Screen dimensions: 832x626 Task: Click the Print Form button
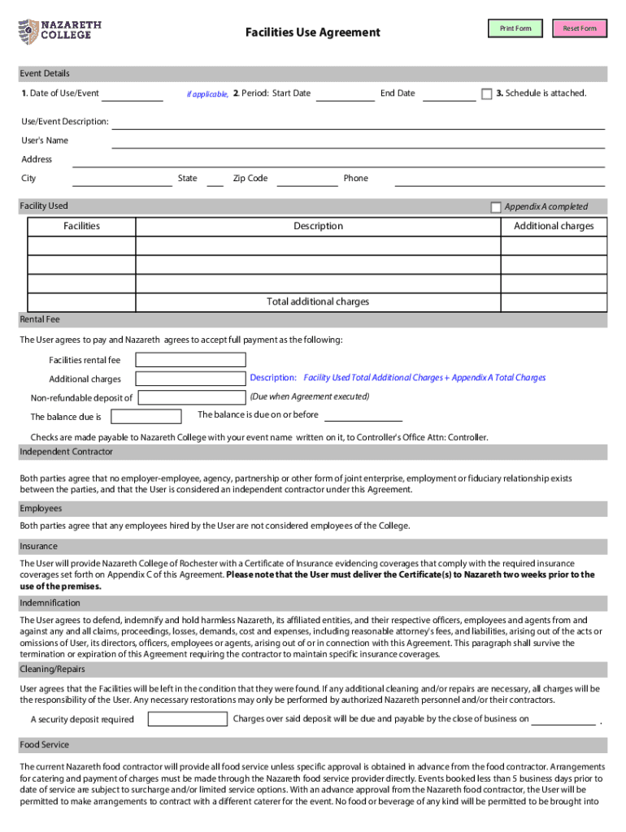coord(515,28)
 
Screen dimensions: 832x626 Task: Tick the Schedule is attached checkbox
coord(487,94)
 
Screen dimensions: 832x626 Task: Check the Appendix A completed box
coord(496,207)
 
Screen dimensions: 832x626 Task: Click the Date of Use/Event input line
coord(132,95)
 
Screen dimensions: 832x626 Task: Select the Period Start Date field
coord(345,95)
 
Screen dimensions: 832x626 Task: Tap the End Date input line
coord(450,95)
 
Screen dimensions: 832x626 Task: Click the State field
coord(215,180)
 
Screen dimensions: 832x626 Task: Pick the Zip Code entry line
coord(306,180)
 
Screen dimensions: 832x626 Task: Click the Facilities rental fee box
coord(190,360)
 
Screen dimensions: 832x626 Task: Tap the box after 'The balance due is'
coord(146,417)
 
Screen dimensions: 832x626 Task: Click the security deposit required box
coord(187,719)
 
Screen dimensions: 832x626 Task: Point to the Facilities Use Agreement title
coord(313,32)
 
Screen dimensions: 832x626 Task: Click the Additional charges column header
coord(554,226)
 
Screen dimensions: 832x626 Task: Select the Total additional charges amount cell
coord(554,301)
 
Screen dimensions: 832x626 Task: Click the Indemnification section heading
coord(50,603)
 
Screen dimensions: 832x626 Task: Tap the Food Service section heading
coord(45,745)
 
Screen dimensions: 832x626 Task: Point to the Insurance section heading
coord(39,546)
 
